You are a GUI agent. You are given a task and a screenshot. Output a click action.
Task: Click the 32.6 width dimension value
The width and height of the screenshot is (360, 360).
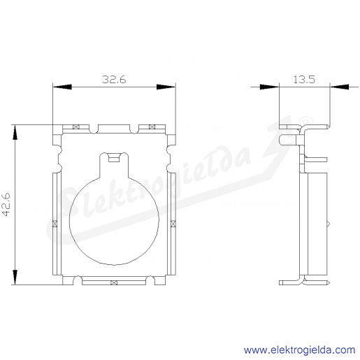(114, 80)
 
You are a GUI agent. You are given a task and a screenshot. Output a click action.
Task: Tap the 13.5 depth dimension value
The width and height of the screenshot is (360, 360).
(304, 80)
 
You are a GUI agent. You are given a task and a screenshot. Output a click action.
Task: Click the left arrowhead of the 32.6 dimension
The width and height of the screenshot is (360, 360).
(62, 87)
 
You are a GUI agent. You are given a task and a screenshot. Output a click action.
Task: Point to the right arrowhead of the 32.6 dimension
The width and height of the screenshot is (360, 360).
(166, 87)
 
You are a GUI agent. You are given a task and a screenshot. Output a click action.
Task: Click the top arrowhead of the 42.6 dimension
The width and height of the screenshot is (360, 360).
(15, 133)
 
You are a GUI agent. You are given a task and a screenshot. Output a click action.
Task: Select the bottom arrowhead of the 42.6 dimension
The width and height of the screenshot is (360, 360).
(15, 278)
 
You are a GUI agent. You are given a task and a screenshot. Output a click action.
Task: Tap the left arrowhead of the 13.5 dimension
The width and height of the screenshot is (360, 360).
(269, 87)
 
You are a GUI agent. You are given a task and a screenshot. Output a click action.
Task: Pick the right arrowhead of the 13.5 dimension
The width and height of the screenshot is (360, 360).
(340, 87)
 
